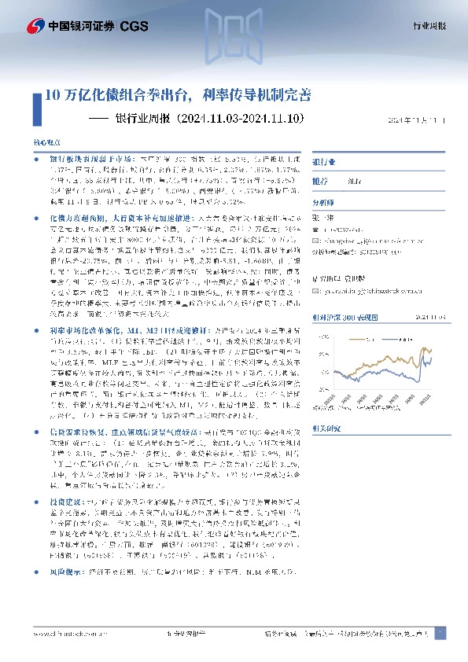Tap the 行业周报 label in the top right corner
[x=429, y=26]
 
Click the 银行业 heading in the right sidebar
[x=325, y=161]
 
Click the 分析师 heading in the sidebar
[x=325, y=201]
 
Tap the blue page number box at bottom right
[x=440, y=632]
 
